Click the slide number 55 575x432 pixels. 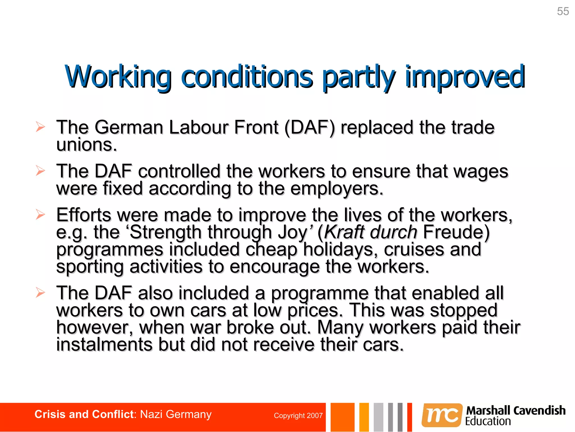click(x=563, y=12)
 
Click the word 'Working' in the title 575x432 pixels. click(x=118, y=76)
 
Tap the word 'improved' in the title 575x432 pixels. click(x=465, y=76)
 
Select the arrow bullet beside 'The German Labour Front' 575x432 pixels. click(x=40, y=127)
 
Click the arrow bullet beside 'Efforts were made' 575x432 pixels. click(x=40, y=215)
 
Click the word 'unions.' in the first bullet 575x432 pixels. click(x=86, y=145)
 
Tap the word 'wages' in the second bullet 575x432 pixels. click(x=481, y=172)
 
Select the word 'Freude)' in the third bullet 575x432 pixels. click(x=456, y=232)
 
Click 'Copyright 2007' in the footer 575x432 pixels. click(x=298, y=416)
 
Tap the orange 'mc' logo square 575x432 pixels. click(x=442, y=415)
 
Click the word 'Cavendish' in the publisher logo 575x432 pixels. click(x=539, y=411)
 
